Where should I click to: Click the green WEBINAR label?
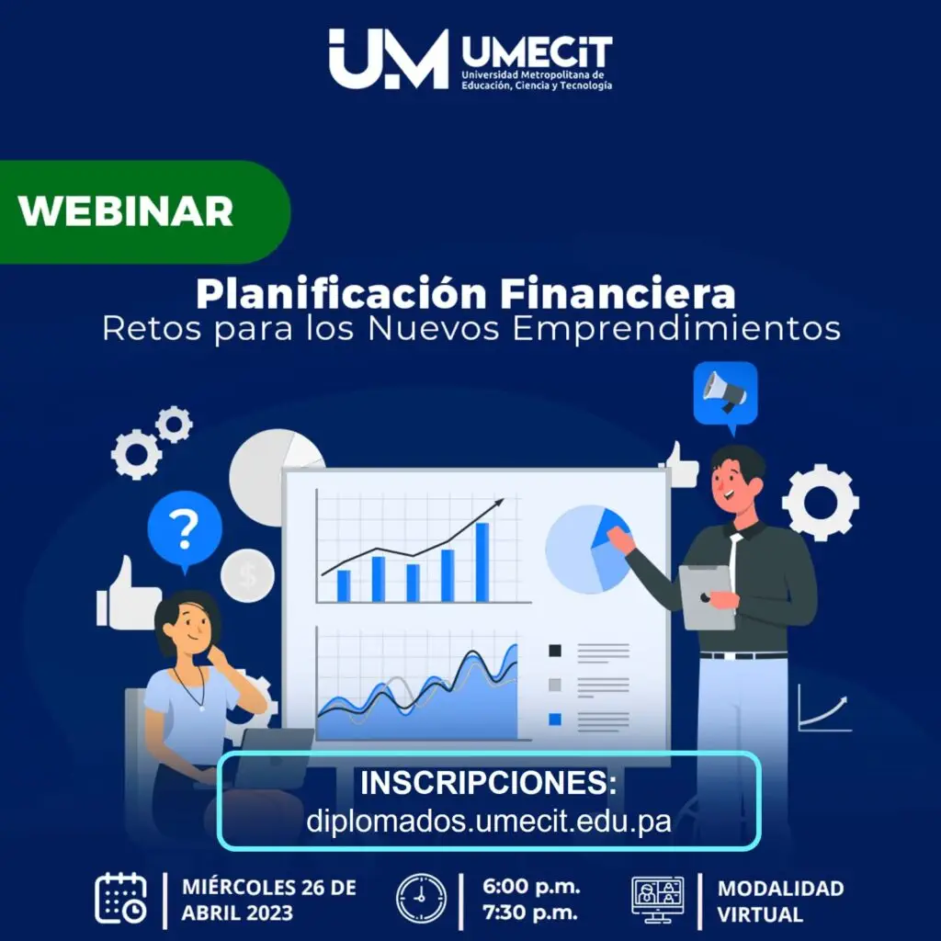[144, 212]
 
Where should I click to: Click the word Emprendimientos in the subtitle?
[676, 329]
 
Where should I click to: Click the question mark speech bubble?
[185, 529]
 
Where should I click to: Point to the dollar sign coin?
[247, 575]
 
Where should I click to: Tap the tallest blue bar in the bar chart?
[482, 561]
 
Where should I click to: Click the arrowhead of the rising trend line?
[498, 503]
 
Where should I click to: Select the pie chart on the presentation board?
[587, 550]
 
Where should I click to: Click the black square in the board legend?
[555, 651]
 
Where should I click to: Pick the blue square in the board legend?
[555, 719]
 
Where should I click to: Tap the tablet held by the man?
[707, 597]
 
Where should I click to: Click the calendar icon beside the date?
[120, 899]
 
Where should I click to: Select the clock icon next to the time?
[421, 899]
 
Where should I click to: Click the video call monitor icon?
[658, 900]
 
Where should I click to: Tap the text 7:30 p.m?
[530, 913]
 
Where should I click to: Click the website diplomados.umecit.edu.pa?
[489, 821]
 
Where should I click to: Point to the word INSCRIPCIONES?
[489, 783]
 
